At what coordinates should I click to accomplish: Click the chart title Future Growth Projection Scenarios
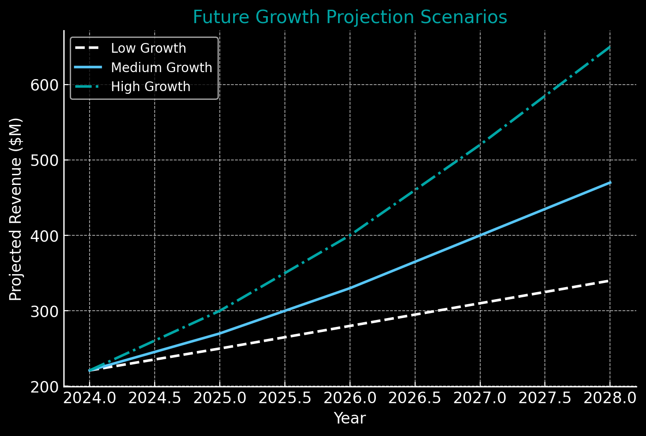pos(350,18)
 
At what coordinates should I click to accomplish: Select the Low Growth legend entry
pos(148,49)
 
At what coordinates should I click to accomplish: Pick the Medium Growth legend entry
pos(161,68)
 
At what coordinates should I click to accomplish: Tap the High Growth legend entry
pos(151,87)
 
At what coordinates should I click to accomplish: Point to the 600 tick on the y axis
pos(44,85)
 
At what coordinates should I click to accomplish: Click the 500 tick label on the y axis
pos(44,160)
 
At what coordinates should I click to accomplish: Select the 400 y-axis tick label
pos(44,236)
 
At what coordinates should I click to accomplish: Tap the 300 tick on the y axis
pos(44,311)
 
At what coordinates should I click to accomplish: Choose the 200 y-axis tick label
pos(44,387)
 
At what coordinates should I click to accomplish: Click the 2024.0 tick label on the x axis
pos(90,399)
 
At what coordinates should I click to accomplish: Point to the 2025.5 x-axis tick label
pos(284,399)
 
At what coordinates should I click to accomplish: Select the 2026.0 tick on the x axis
pos(350,399)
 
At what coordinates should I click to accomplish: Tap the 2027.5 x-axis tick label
pos(545,399)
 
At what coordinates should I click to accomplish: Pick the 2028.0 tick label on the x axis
pos(610,399)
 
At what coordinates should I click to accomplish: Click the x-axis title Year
pos(350,418)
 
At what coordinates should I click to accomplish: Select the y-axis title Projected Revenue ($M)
pos(16,209)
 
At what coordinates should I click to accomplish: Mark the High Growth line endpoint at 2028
pos(610,47)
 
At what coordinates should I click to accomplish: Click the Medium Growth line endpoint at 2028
pos(610,183)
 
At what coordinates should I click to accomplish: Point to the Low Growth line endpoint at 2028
pos(610,281)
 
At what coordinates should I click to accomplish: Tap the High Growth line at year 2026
pos(350,235)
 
